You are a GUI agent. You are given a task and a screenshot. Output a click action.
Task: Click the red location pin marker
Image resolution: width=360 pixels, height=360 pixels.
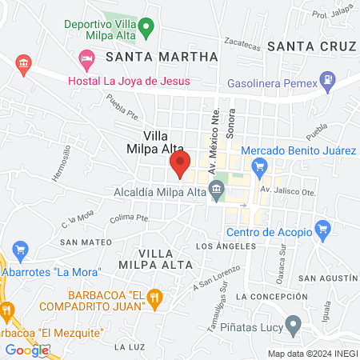click(x=179, y=166)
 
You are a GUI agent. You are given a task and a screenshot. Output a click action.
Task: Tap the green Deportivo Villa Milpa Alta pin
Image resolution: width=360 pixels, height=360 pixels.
click(x=146, y=30)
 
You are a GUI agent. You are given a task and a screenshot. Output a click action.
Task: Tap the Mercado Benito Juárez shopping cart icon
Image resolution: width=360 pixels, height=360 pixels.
click(x=258, y=167)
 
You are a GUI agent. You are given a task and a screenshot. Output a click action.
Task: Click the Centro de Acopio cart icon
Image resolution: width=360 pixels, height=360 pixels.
click(x=322, y=231)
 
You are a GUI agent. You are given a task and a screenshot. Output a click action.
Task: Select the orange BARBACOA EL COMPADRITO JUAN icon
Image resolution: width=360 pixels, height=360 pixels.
click(x=157, y=299)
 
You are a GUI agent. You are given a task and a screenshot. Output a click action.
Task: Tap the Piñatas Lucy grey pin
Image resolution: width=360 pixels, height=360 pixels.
click(x=294, y=326)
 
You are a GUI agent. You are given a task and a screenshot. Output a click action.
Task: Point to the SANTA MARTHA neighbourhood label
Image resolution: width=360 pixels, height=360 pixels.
click(x=166, y=57)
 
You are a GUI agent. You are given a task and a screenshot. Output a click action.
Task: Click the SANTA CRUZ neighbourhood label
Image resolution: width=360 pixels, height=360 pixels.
click(x=310, y=46)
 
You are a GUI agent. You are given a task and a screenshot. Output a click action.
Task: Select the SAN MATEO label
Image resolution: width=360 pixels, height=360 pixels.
click(x=81, y=242)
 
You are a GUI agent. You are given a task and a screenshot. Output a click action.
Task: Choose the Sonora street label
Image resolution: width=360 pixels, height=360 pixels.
click(x=231, y=119)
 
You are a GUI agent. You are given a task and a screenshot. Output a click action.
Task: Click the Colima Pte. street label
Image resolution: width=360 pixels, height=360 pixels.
click(x=131, y=216)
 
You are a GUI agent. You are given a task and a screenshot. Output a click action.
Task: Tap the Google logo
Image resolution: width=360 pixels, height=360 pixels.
click(x=26, y=350)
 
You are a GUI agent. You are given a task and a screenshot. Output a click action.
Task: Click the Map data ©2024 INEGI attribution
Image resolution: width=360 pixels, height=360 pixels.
click(x=312, y=354)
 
